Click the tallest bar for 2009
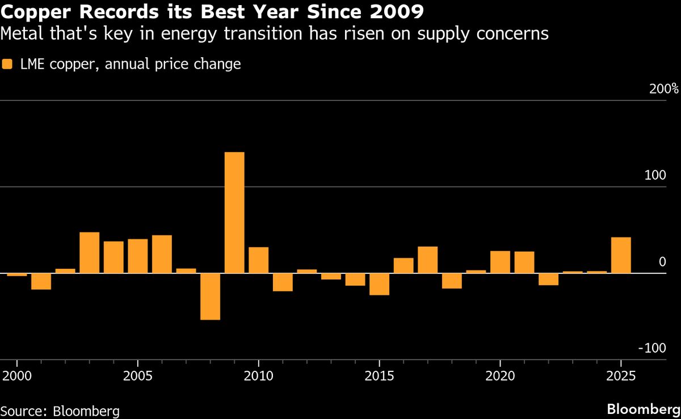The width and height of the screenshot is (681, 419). click(x=234, y=213)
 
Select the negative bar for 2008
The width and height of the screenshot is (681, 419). click(x=210, y=297)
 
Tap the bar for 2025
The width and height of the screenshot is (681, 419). click(x=621, y=255)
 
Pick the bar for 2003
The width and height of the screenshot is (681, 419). click(x=89, y=253)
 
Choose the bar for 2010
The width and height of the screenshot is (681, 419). click(x=259, y=260)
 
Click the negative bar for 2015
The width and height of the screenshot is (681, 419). click(x=380, y=284)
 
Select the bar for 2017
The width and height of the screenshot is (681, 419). click(x=428, y=260)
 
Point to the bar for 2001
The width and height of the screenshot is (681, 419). click(x=41, y=281)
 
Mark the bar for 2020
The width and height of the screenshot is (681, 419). click(x=500, y=262)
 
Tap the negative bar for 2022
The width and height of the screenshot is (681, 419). click(x=548, y=279)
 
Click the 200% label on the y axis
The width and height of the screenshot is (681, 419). click(x=663, y=89)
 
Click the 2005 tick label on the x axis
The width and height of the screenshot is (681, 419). click(x=138, y=377)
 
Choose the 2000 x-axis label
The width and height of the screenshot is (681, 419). click(x=17, y=377)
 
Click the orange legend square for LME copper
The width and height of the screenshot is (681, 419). click(x=7, y=64)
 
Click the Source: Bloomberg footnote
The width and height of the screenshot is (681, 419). click(x=60, y=410)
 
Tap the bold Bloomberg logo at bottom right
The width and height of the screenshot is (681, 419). click(x=643, y=409)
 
